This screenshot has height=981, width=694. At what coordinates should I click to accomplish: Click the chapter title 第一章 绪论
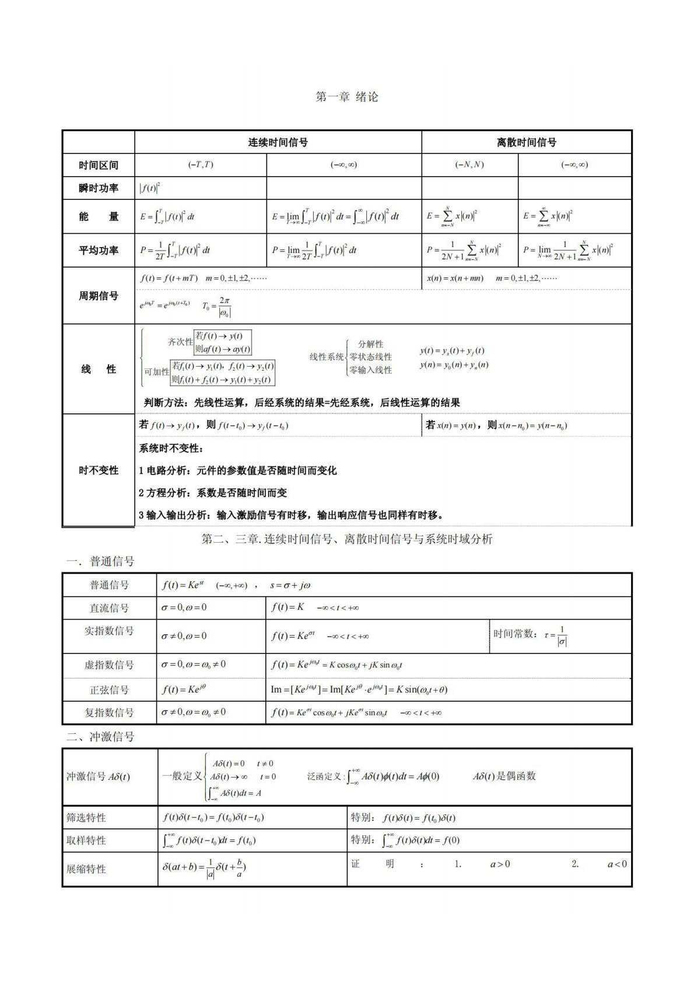tap(346, 97)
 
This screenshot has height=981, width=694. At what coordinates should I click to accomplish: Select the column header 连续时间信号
tap(278, 142)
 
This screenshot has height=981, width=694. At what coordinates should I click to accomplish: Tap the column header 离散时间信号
tap(526, 142)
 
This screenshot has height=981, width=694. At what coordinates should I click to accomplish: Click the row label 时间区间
tap(99, 165)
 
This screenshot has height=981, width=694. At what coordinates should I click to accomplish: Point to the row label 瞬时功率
tap(99, 188)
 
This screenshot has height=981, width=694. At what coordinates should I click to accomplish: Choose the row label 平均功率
tap(99, 251)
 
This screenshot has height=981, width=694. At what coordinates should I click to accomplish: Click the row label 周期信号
tap(99, 296)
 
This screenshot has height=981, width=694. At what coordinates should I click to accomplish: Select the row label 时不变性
tap(99, 470)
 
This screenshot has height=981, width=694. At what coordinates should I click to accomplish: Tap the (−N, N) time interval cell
tap(469, 165)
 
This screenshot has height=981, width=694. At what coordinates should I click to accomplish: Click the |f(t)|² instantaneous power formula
tap(150, 188)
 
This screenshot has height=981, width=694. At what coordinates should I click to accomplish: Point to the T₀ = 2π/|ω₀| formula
tap(216, 307)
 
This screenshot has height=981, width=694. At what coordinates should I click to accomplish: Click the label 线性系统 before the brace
tap(327, 357)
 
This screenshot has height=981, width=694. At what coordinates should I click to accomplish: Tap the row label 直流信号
tap(109, 608)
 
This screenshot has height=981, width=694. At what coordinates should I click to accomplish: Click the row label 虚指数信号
tap(109, 665)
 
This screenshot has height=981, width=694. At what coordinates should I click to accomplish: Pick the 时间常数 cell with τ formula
tap(530, 636)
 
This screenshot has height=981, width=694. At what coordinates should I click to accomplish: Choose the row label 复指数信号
tap(109, 712)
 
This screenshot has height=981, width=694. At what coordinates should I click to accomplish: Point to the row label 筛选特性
tap(86, 818)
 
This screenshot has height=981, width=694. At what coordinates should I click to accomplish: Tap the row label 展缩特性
tap(86, 869)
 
